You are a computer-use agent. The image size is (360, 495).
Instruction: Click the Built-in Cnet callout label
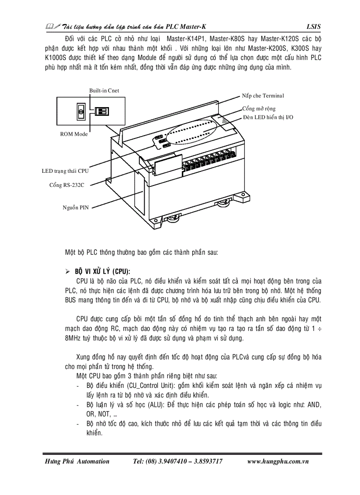click(x=104, y=91)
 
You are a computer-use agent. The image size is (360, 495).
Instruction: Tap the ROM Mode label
click(x=74, y=134)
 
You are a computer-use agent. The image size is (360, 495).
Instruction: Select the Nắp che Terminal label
click(x=263, y=96)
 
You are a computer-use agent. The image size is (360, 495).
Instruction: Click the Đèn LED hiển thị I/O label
click(x=268, y=117)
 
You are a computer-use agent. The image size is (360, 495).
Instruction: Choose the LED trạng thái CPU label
click(x=65, y=171)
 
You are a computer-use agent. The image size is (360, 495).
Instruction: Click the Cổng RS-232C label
click(x=67, y=185)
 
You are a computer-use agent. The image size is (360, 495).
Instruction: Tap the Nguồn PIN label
click(x=76, y=207)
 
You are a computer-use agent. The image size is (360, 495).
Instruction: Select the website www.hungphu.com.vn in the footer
click(x=277, y=462)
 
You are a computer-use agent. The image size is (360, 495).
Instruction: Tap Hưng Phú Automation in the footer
click(x=77, y=462)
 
